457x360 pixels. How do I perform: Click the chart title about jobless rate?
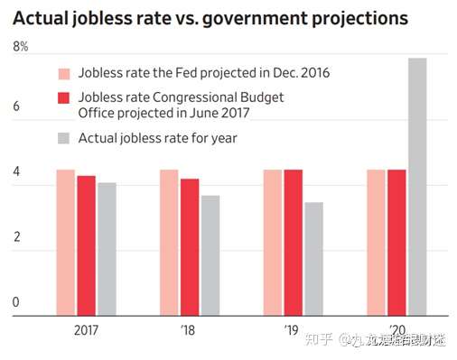pyautogui.click(x=210, y=17)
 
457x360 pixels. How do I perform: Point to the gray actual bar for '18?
pyautogui.click(x=210, y=254)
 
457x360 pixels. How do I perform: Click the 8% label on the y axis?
pyautogui.click(x=20, y=46)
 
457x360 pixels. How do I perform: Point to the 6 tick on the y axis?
pyautogui.click(x=15, y=106)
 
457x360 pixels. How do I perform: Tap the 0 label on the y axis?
pyautogui.click(x=15, y=302)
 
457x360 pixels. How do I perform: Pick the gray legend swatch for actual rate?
pyautogui.click(x=64, y=138)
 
